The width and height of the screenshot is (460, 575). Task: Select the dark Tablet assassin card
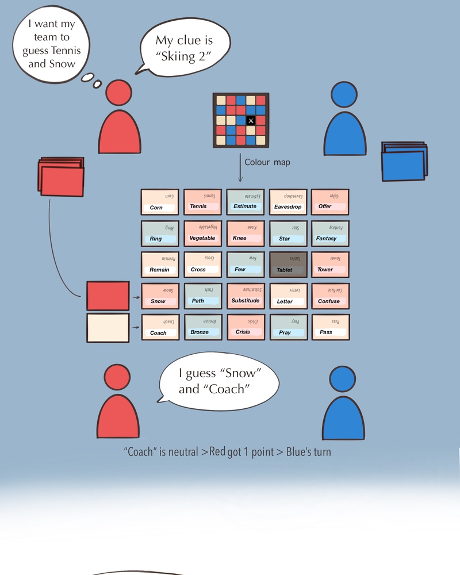pos(287,265)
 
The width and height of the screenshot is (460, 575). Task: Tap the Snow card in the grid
pos(160,297)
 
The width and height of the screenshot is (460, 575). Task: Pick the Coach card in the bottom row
pos(160,328)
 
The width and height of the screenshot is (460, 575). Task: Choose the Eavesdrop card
pos(287,202)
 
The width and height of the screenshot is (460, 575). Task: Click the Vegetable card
pos(202,233)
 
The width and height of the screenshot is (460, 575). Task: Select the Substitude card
pos(245,297)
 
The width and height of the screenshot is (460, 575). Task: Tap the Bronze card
pos(202,328)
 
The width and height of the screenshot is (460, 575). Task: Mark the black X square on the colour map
pos(251,120)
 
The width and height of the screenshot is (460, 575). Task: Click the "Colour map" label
pos(267,162)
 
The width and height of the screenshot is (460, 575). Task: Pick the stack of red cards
pos(61,175)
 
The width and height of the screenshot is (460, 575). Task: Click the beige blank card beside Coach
pos(108,328)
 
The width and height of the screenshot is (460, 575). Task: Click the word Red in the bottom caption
pos(217,452)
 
